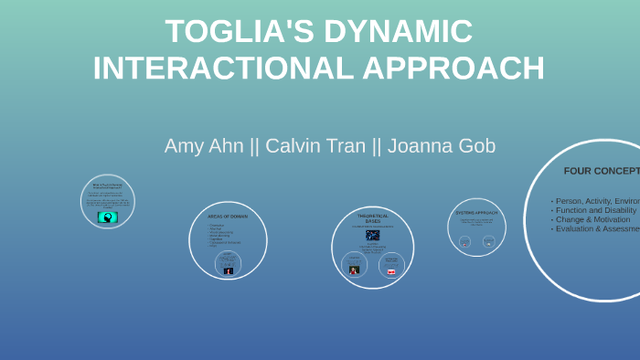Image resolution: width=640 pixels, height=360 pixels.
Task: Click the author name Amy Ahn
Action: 203,145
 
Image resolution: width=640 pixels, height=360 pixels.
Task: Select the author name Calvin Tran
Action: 316,145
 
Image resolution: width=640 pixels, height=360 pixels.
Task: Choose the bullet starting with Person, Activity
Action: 595,200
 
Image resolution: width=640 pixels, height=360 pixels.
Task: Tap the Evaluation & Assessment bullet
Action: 595,228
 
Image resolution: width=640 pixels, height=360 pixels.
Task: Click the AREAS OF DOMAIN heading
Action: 228,217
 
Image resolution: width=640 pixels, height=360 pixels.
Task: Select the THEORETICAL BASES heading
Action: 372,218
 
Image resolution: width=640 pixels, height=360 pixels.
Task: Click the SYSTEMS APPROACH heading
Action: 476,213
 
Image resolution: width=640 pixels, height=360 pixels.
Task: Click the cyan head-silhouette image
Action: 108,217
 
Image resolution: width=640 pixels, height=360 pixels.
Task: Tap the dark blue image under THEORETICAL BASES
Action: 372,235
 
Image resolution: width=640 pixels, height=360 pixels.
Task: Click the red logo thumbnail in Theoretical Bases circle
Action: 391,271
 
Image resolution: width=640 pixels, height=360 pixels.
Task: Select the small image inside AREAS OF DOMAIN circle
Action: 229,270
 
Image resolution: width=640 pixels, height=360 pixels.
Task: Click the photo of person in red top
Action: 354,270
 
